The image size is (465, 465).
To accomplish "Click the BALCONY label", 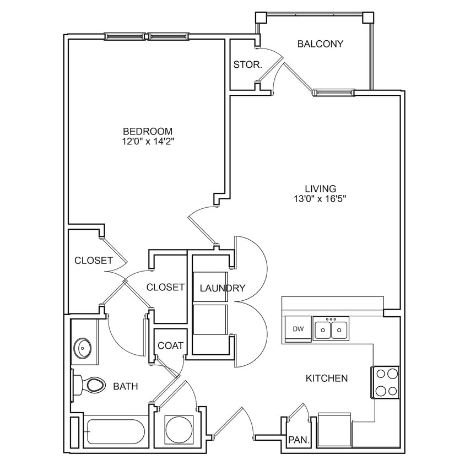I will click(x=320, y=44).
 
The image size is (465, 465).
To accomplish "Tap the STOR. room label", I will click(x=247, y=64).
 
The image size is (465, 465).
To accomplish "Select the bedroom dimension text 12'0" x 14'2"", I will click(x=147, y=142).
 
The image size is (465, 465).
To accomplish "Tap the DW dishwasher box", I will click(x=298, y=329).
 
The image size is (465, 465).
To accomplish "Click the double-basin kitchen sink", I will click(x=331, y=330).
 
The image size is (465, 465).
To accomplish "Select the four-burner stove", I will click(x=386, y=382).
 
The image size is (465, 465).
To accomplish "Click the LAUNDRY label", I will click(x=222, y=288).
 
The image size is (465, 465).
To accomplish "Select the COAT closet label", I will click(x=170, y=345).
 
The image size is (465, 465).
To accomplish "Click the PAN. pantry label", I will click(x=298, y=441).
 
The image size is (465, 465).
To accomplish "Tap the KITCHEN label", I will click(x=327, y=378).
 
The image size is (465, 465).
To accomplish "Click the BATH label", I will click(x=126, y=387).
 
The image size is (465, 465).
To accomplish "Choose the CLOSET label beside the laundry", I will click(x=165, y=287).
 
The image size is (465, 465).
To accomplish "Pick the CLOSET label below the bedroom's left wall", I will click(x=94, y=260).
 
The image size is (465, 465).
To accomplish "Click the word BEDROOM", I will click(x=148, y=131).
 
